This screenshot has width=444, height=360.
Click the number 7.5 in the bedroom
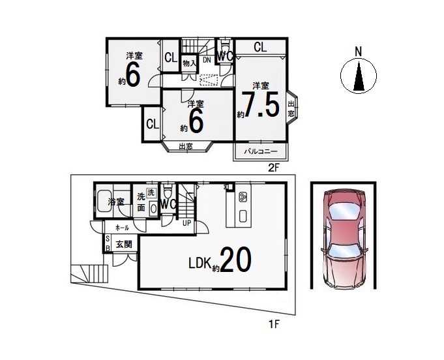(261, 104)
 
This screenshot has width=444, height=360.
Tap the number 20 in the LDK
(235, 260)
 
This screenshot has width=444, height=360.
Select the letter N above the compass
(359, 52)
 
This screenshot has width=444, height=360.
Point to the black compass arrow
(359, 76)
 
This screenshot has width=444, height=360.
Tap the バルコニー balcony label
(261, 152)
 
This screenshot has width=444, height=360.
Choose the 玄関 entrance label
(124, 244)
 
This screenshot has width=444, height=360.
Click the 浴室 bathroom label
(116, 202)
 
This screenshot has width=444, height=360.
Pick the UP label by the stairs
(187, 223)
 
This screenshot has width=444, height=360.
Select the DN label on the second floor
(207, 60)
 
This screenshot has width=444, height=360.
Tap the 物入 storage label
(190, 63)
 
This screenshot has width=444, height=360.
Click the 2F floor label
(274, 168)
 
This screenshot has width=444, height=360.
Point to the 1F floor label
(274, 324)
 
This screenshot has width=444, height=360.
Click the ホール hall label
(123, 228)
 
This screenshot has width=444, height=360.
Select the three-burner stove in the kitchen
(243, 197)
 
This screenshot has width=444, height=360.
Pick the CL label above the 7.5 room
(260, 47)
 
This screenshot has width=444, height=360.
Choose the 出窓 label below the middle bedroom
(186, 147)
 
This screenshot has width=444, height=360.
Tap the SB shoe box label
(108, 243)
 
